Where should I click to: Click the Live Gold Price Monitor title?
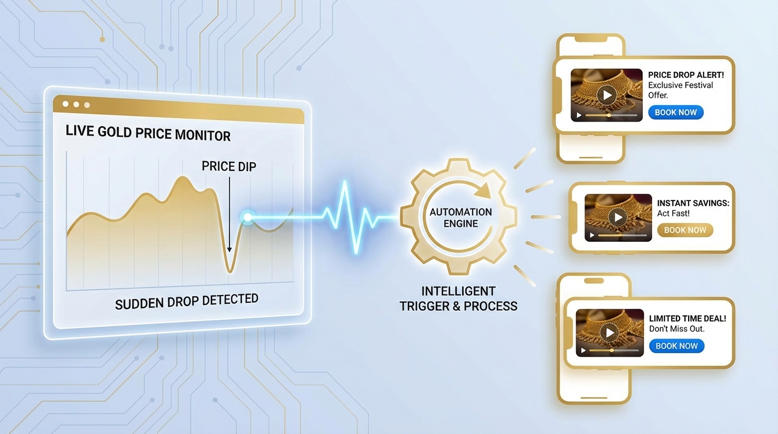pos(148,134)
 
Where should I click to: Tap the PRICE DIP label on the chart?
pos(229,166)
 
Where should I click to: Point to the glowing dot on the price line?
pos(247,216)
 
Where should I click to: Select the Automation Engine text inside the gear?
pos(461,218)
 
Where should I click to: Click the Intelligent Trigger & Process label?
pos(459,299)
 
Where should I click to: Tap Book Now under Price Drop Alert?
pos(676,112)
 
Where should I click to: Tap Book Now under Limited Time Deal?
pos(676,346)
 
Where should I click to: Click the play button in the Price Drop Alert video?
pos(607,94)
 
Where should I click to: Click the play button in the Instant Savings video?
pos(618,217)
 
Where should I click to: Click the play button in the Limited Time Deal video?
pos(610,332)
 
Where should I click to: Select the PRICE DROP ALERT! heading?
pos(686,75)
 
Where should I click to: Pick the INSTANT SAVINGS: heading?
pos(693,203)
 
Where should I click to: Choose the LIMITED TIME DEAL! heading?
pos(688,319)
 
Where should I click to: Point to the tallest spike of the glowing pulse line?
pos(345,184)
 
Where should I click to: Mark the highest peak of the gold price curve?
pos(183,177)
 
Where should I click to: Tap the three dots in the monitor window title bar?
pos(76,105)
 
